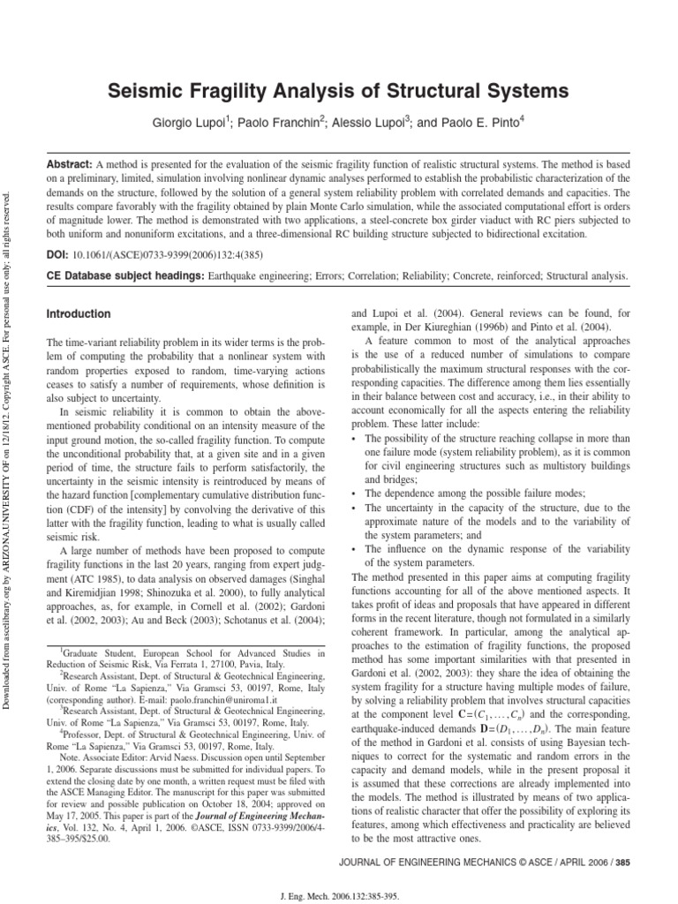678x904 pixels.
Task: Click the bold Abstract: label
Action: [69, 165]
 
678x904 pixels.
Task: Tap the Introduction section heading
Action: [79, 314]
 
